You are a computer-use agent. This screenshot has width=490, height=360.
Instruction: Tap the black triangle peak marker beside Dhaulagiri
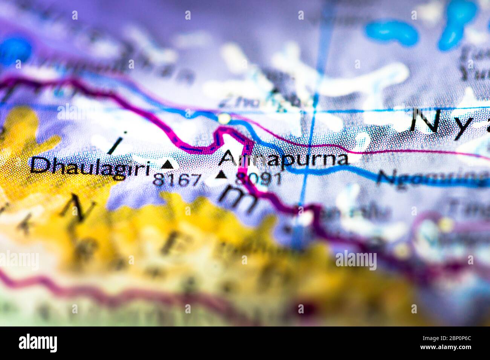(x=167, y=164)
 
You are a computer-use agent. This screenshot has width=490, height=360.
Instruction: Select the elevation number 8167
(x=176, y=181)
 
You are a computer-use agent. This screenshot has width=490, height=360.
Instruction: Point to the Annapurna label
(x=283, y=158)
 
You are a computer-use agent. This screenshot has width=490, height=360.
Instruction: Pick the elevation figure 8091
(x=258, y=178)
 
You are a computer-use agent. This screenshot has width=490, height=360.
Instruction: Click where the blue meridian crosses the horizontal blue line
(x=312, y=112)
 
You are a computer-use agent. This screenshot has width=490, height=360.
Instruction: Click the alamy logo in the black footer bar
(x=38, y=343)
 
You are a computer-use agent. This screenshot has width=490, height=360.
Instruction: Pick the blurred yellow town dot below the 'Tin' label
(x=446, y=224)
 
